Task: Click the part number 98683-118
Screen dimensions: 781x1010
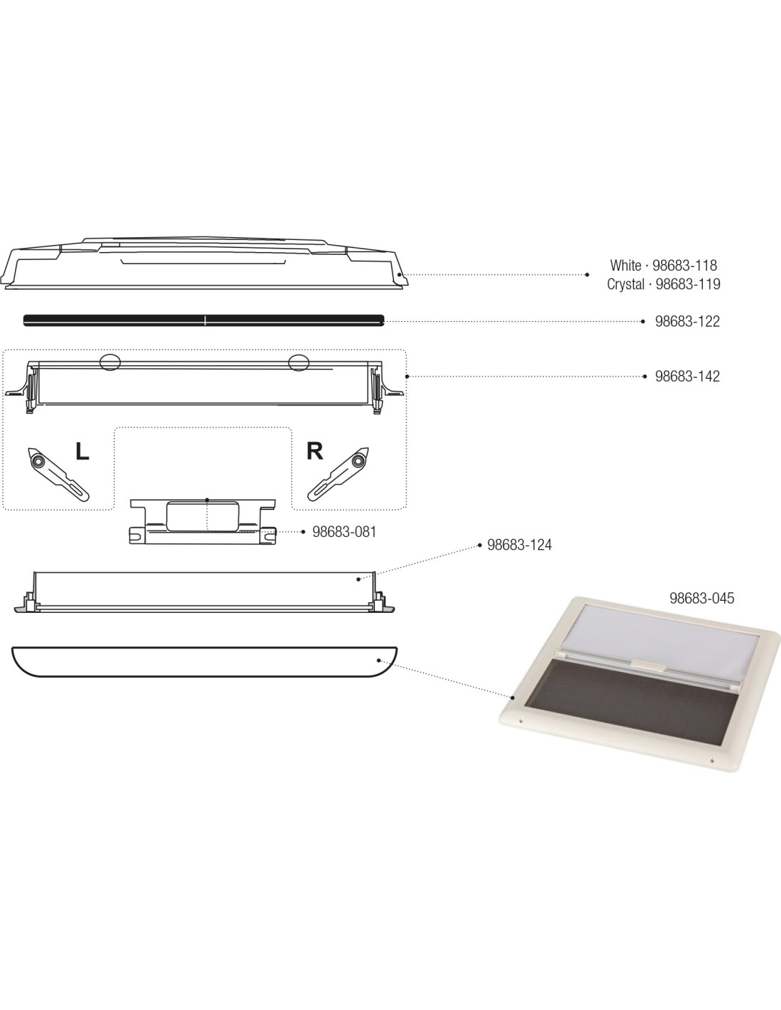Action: (x=684, y=266)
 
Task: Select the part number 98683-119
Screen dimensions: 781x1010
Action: (x=687, y=284)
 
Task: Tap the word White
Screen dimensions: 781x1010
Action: (x=626, y=266)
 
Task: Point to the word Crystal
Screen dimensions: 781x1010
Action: (x=626, y=284)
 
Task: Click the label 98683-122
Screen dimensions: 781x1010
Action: (x=687, y=321)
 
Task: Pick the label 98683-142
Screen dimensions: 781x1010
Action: (x=687, y=376)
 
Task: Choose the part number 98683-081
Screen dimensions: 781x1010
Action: (x=344, y=532)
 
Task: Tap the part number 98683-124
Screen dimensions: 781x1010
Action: (x=520, y=545)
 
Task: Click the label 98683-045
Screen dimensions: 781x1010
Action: (x=701, y=598)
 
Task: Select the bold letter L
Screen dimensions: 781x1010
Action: (x=82, y=451)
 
